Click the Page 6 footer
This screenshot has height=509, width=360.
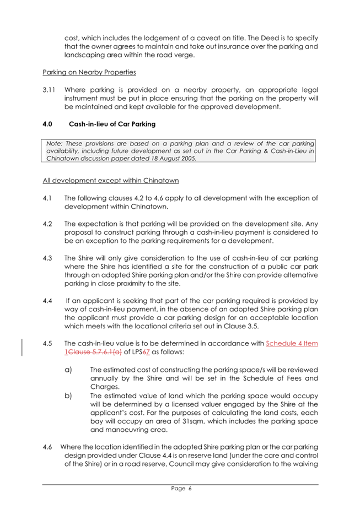180,488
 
